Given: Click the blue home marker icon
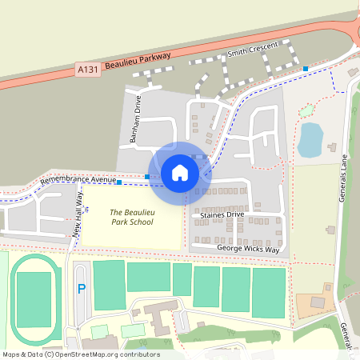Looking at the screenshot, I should pos(180,172).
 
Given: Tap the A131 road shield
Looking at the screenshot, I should pos(88,70).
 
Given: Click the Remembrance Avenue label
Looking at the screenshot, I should pos(78,185).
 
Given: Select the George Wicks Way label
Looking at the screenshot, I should pos(247,249).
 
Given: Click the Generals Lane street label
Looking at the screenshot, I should pos(346,178).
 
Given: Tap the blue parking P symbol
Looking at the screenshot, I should pos(80,289).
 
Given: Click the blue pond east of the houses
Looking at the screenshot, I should pos(310,139).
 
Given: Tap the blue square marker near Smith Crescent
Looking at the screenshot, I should pos(306,69).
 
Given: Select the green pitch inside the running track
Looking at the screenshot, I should pos(34,298).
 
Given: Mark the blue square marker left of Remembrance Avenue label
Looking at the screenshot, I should pos(119,182).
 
